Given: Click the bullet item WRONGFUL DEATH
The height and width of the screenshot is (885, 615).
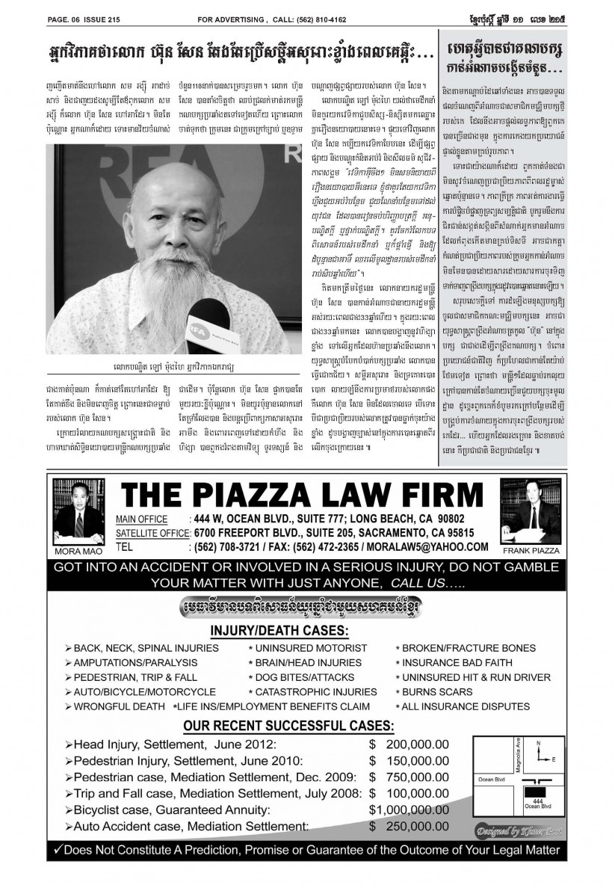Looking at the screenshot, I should [x=114, y=706].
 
